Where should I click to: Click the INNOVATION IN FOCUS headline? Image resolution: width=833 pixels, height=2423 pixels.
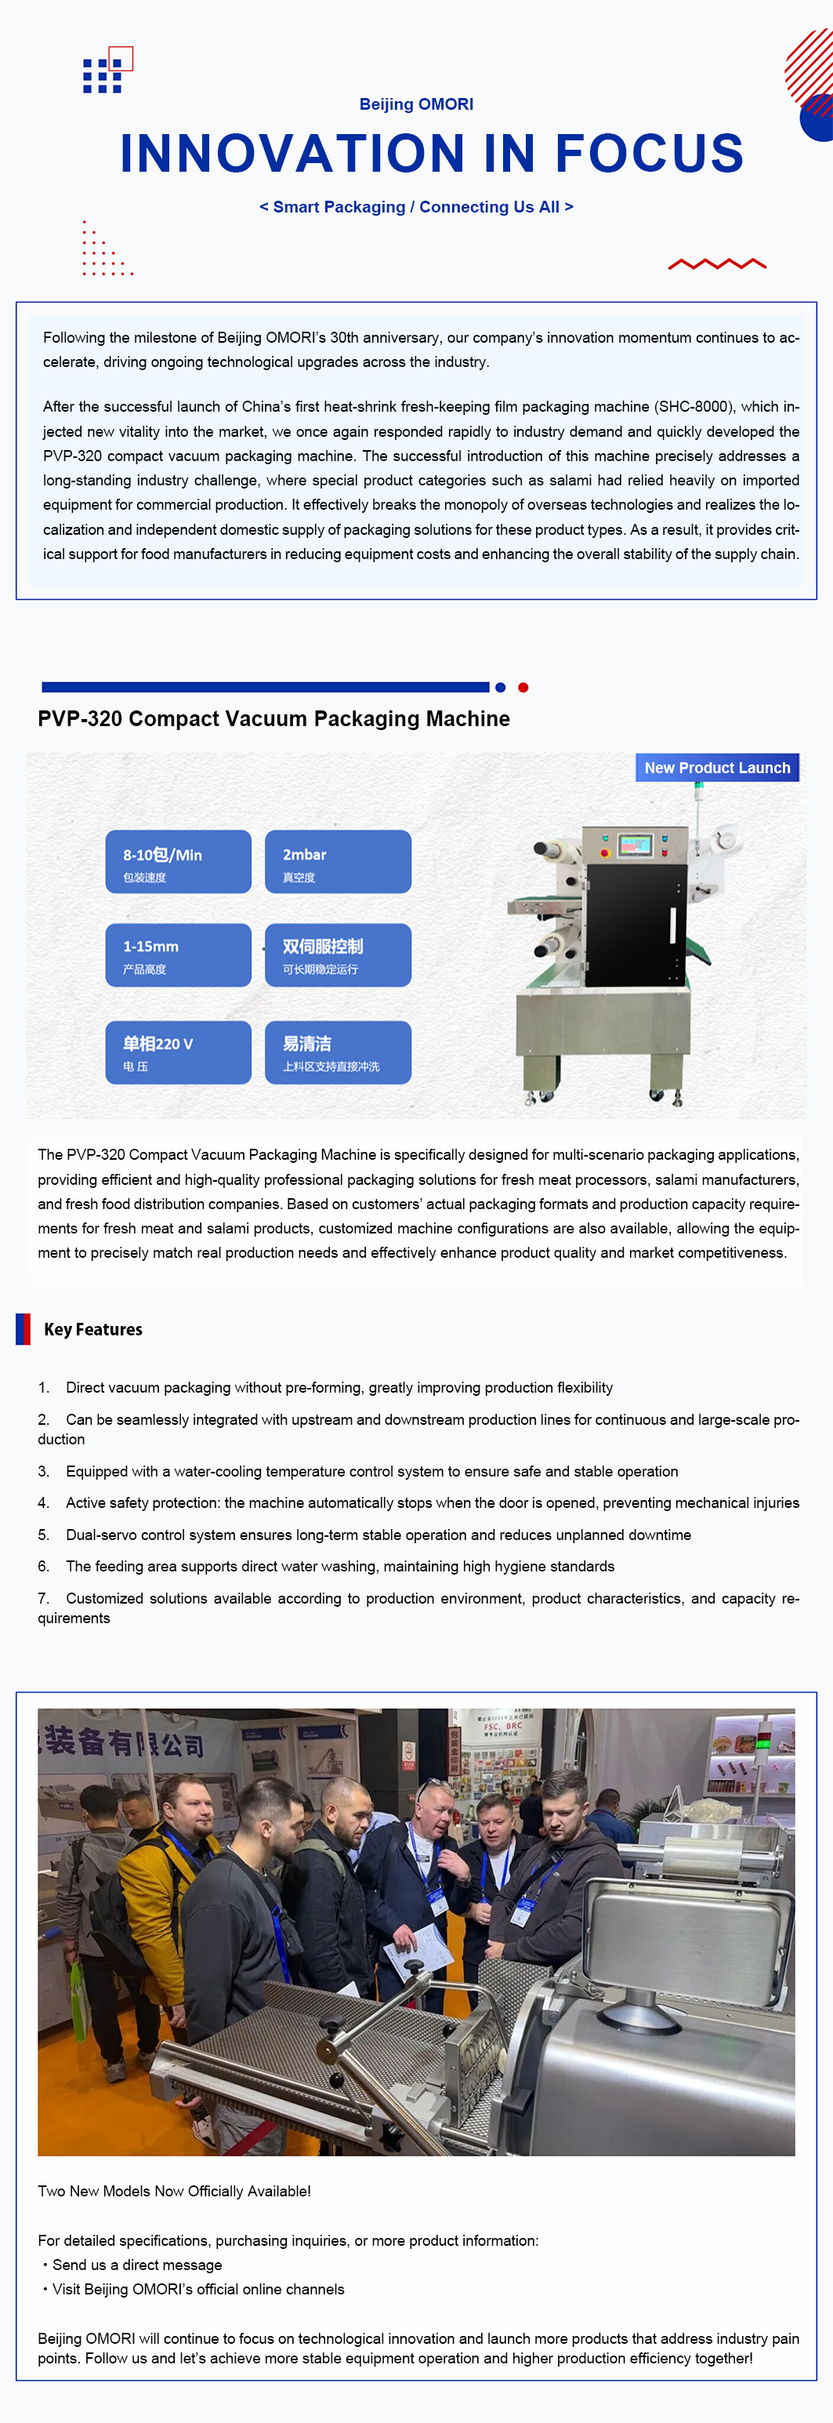click(x=432, y=154)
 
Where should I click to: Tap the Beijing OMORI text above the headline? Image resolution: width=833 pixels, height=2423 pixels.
click(x=417, y=104)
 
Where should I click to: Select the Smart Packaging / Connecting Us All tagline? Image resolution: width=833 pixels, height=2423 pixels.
click(x=417, y=207)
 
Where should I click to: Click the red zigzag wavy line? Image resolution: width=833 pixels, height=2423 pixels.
click(x=717, y=264)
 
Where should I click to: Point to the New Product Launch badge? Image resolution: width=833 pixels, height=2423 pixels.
click(x=717, y=768)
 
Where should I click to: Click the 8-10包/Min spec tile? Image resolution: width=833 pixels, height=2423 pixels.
click(x=179, y=862)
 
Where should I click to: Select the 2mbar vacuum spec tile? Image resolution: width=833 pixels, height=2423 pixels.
click(x=339, y=862)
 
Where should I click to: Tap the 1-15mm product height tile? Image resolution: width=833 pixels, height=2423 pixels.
click(x=179, y=955)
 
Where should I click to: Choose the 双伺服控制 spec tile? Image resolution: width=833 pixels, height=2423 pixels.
click(x=339, y=955)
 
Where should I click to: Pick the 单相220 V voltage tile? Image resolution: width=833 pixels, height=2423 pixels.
click(x=179, y=1052)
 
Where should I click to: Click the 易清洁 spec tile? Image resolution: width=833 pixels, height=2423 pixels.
click(x=339, y=1052)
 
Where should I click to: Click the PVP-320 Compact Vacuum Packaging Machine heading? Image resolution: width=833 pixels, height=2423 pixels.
click(x=273, y=718)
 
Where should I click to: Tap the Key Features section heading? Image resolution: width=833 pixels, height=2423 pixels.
click(x=93, y=1329)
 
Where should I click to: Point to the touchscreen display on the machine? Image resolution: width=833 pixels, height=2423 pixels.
click(x=635, y=845)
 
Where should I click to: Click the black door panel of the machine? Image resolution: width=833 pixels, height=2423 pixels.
click(x=636, y=925)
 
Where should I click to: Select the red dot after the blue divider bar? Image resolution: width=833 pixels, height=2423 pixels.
click(x=523, y=688)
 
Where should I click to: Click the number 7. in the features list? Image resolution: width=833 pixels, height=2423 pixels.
click(x=43, y=1598)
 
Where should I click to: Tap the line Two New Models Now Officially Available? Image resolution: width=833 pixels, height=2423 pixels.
click(x=174, y=2191)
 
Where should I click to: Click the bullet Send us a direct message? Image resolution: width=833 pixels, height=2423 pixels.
click(x=132, y=2265)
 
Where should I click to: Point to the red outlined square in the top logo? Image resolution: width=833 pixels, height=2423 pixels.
click(x=121, y=58)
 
